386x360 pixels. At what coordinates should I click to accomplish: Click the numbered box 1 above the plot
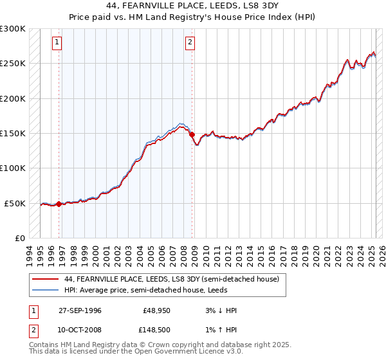click(x=57, y=43)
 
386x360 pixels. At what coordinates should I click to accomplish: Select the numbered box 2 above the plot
click(x=190, y=43)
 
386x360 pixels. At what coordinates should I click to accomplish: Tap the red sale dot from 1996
click(x=59, y=204)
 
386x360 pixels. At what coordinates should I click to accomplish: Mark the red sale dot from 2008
click(x=192, y=134)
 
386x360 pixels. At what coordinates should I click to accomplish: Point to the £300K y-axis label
click(x=13, y=29)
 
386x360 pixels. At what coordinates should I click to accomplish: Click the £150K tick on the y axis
click(x=13, y=134)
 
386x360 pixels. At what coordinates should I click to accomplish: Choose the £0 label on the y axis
click(x=19, y=238)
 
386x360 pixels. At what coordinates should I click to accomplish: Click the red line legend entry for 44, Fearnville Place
click(x=171, y=280)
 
